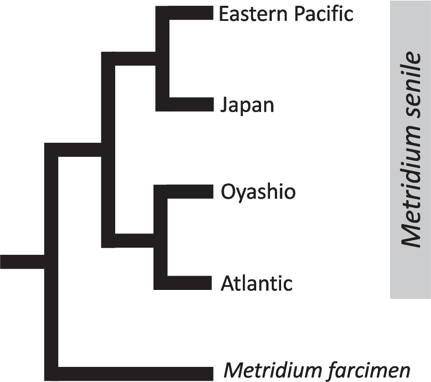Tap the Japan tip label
coord(247,106)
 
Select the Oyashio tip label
coord(258,193)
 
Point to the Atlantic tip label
coord(257,283)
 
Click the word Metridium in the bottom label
coord(267,370)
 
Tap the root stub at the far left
coord(22,261)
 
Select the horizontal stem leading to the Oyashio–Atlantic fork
coord(133,241)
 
